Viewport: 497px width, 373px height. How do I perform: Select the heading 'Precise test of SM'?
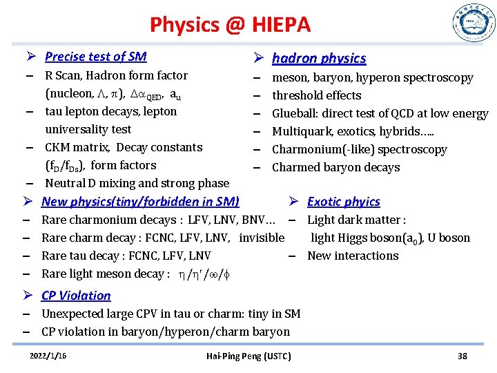click(95, 57)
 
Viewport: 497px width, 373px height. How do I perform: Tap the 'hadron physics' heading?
click(319, 59)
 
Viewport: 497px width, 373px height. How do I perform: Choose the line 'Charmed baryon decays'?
click(335, 167)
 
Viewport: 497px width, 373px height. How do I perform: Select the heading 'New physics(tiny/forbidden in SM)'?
click(140, 202)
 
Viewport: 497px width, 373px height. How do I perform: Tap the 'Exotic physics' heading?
click(344, 202)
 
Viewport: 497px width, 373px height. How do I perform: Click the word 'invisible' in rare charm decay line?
click(262, 238)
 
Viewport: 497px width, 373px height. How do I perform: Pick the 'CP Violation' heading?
click(76, 296)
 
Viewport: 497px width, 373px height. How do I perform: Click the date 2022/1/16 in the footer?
click(49, 356)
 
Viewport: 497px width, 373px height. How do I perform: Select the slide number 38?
click(462, 356)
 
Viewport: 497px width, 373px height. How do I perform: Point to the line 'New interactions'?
click(353, 256)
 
